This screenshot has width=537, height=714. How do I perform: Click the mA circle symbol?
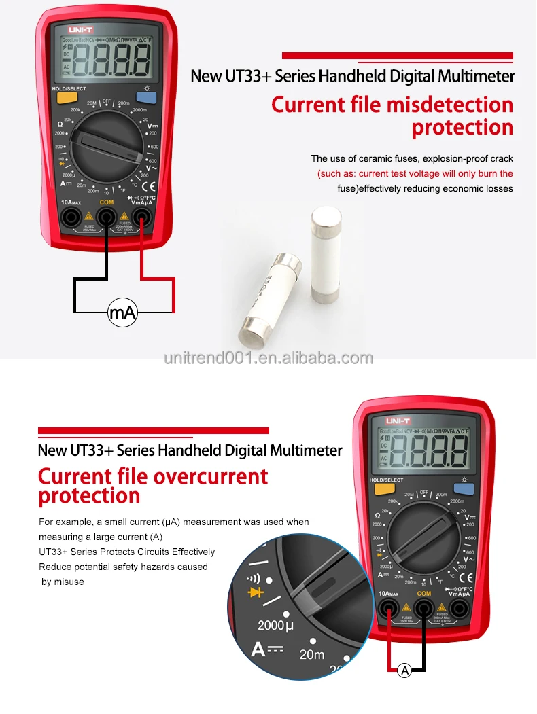point(122,313)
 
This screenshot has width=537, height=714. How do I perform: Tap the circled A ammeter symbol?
point(405,671)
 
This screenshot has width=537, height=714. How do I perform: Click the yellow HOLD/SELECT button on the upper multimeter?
point(66,97)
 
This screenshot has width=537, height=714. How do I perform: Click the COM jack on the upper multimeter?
point(106,217)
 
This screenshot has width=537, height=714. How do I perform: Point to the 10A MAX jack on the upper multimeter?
point(71,217)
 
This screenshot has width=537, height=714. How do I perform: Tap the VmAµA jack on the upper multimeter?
point(141,217)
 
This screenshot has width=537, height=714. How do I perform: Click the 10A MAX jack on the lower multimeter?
point(389,608)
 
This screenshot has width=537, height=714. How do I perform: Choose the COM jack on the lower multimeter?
point(424,608)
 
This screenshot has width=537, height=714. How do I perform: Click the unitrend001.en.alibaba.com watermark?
point(268,358)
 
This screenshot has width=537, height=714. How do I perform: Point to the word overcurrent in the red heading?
point(211,476)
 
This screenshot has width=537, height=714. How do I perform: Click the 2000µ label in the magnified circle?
point(276,624)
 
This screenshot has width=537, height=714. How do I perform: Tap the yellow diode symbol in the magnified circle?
point(256,592)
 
